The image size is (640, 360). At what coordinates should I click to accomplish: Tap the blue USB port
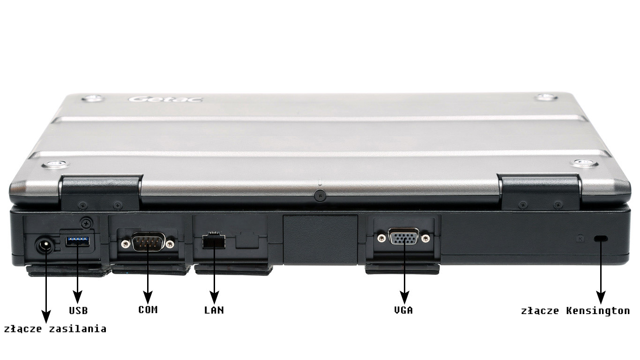[77, 241]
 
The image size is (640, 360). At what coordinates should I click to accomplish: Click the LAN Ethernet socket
[214, 241]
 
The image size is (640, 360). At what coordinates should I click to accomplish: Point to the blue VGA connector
[403, 236]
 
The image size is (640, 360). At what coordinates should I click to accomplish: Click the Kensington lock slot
[601, 238]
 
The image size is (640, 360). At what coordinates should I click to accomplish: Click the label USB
[78, 310]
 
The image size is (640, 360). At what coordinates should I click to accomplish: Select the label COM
[148, 310]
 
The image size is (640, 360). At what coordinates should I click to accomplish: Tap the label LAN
[214, 310]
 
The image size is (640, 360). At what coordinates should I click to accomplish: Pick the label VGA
[403, 310]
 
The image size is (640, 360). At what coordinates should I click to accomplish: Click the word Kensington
[598, 311]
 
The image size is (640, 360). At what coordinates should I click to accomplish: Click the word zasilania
[78, 329]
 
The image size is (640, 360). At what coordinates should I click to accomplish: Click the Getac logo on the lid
[166, 99]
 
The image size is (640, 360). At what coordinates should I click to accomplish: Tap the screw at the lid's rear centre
[320, 196]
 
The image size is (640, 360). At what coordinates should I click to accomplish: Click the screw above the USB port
[86, 223]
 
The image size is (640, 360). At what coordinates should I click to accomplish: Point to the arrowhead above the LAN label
[214, 298]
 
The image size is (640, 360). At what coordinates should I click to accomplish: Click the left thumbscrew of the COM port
[125, 244]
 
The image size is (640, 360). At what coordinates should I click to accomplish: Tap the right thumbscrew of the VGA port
[426, 238]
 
